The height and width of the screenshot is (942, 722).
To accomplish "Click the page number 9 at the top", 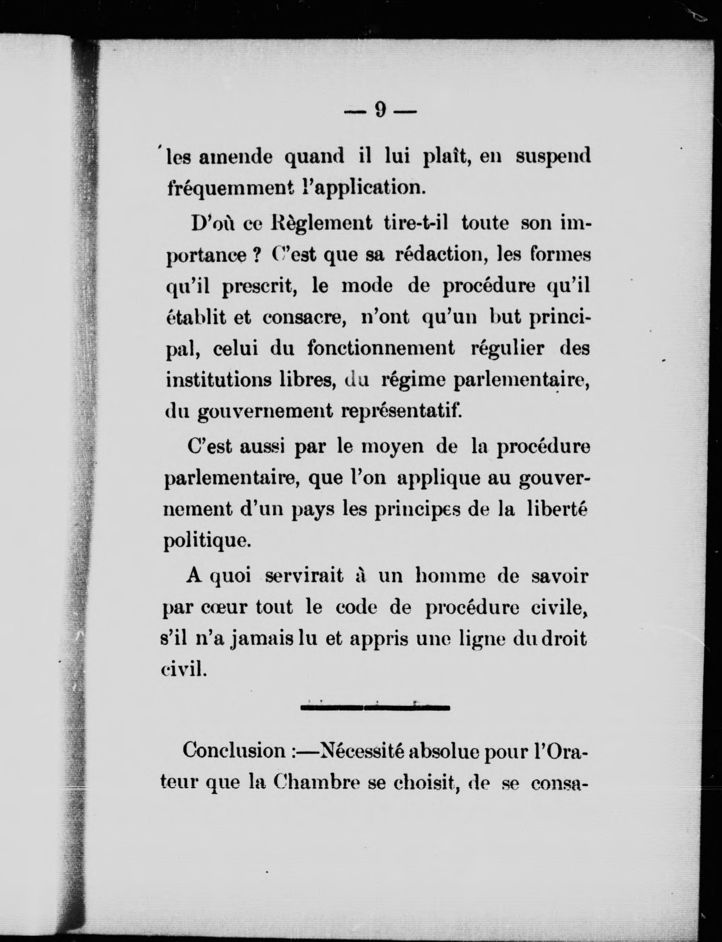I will pos(380,111).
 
